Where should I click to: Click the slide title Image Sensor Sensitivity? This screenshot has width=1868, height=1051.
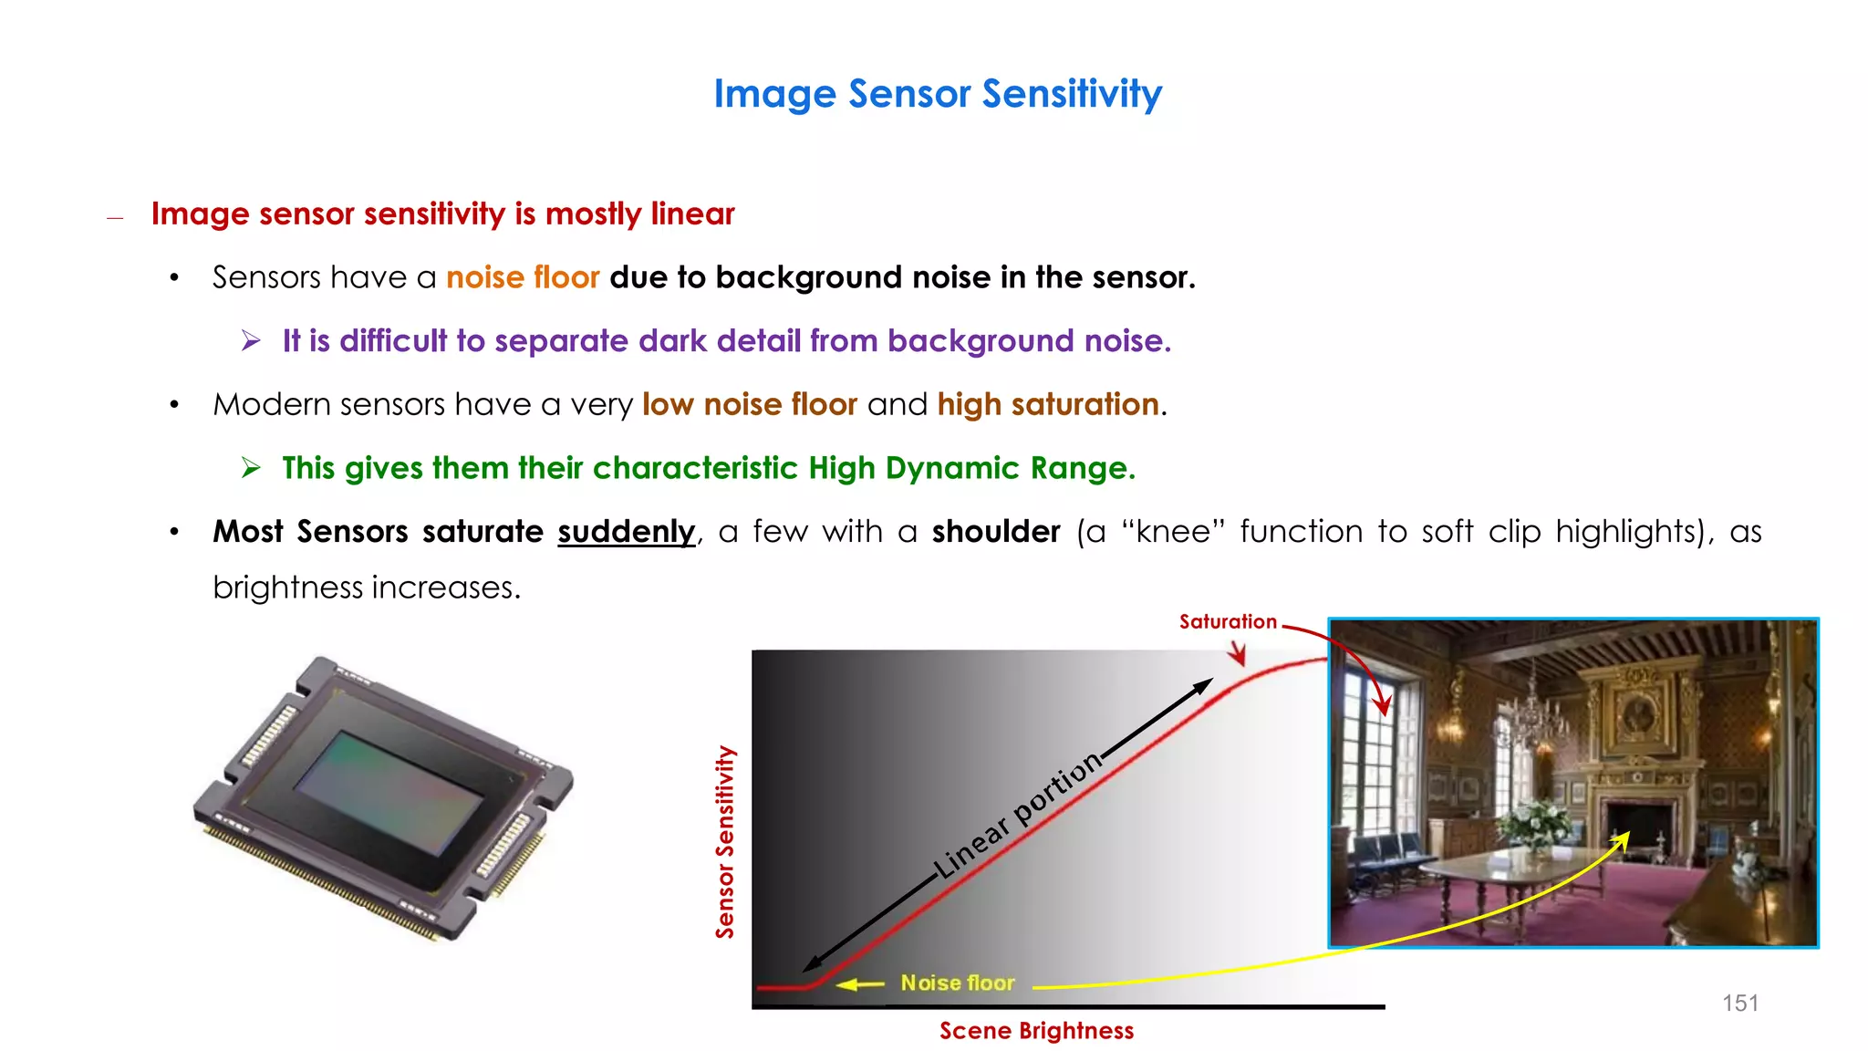point(938,94)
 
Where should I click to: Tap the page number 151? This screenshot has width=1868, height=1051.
point(1739,1003)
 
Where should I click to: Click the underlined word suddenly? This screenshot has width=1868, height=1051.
point(626,532)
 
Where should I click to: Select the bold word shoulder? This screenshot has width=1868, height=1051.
point(996,532)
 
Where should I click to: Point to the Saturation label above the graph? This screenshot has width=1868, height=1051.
point(1228,622)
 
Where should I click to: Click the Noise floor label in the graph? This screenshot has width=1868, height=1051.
point(958,983)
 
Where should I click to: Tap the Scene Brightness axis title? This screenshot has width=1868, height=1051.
point(1036,1031)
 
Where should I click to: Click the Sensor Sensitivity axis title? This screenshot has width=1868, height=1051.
point(725,842)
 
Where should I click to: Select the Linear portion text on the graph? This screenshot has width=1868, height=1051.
point(1017,815)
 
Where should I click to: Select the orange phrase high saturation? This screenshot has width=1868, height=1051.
point(1048,404)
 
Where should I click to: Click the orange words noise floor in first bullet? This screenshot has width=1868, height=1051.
point(523,277)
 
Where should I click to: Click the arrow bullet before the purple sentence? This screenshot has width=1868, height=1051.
point(251,341)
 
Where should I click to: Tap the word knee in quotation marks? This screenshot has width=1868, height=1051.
point(1175,532)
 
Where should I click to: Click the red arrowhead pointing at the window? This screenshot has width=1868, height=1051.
point(1384,706)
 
